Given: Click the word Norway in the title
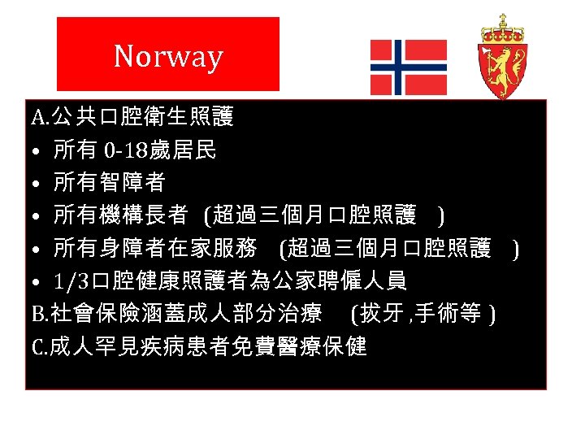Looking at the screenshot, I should tap(168, 56).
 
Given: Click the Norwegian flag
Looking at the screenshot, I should tap(408, 67).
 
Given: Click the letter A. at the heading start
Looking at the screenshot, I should tap(40, 118).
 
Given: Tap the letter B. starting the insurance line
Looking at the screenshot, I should tap(40, 314).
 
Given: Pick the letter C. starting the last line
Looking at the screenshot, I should tap(40, 347).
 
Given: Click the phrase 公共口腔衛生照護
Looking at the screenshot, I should tap(141, 118).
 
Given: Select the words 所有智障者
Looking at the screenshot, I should tap(109, 183).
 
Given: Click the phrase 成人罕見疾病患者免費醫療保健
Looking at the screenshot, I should tap(208, 347).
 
